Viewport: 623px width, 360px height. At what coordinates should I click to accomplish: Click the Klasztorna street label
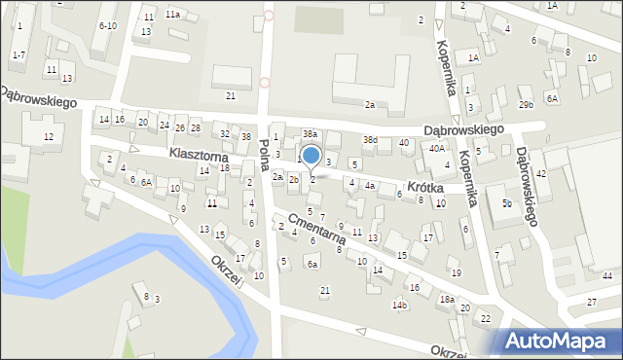click(x=198, y=155)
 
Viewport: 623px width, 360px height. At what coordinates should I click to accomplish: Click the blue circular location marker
click(x=311, y=156)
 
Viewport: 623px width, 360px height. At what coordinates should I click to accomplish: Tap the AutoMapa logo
click(x=559, y=340)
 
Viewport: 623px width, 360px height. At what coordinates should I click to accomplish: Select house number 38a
click(x=310, y=133)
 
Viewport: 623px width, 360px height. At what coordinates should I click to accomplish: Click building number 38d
click(x=370, y=140)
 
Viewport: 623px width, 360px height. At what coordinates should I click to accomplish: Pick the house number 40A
click(x=437, y=148)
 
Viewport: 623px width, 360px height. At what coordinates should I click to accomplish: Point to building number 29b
click(x=526, y=104)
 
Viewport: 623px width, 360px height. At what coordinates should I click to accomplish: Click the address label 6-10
click(x=108, y=25)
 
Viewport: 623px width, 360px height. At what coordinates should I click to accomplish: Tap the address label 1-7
click(x=18, y=54)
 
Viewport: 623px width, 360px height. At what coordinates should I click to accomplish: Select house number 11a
click(x=172, y=15)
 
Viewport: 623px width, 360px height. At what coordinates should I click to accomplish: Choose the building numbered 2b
click(x=294, y=179)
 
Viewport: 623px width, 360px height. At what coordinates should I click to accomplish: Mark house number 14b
click(x=399, y=305)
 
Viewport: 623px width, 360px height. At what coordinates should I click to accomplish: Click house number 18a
click(x=446, y=300)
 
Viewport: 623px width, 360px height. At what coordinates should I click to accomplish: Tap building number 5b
click(x=506, y=202)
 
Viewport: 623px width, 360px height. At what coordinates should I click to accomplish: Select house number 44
click(x=606, y=276)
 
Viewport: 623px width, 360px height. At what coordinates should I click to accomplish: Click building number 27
click(x=592, y=302)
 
